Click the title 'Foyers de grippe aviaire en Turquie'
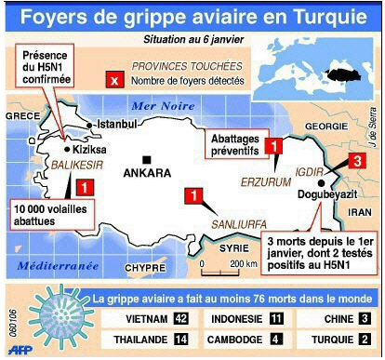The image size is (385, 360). [x=192, y=18]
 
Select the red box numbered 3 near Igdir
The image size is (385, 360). [x=355, y=162]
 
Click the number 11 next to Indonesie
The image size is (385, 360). [x=276, y=320]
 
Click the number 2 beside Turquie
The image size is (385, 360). [x=365, y=340]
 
